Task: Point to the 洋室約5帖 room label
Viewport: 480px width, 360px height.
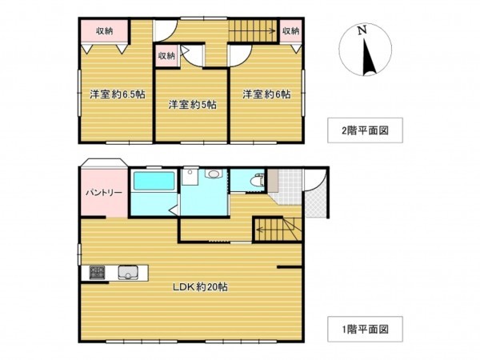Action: (190, 104)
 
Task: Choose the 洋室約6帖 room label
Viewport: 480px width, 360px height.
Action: (266, 94)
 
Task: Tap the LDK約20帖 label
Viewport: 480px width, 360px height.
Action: (202, 287)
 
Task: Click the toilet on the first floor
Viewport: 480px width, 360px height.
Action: (255, 182)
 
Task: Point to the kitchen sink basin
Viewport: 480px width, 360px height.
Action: (129, 273)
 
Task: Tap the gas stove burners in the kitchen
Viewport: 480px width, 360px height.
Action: (96, 272)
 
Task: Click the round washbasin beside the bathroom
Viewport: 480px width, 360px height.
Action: (212, 174)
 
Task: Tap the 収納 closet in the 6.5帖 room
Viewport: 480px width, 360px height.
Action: (105, 31)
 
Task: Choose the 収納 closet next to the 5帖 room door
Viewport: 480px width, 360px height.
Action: (166, 56)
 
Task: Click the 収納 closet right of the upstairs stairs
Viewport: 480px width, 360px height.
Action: (290, 31)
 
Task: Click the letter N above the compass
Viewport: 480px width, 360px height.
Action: (362, 30)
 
